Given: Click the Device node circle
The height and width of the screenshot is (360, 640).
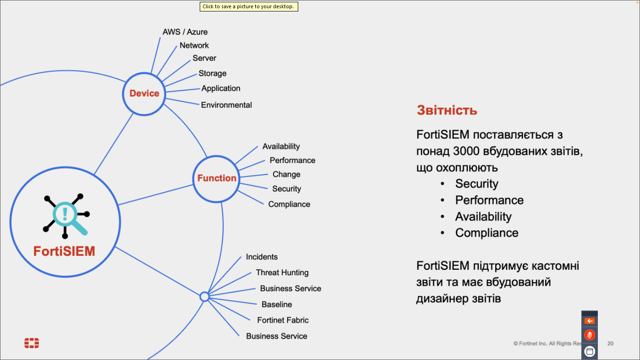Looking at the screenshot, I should (144, 93).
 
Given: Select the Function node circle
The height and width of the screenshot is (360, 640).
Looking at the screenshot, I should (217, 178).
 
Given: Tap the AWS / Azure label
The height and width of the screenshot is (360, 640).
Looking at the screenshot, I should (185, 32).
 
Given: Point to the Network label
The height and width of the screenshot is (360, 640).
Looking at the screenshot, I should (194, 45).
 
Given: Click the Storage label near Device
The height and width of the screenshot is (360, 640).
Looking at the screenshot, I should (213, 73).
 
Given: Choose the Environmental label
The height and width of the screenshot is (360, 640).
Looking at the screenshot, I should (226, 105).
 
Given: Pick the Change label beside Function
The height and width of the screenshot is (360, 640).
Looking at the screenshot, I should (286, 175).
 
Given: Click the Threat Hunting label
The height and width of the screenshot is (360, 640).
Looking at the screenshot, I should (282, 273).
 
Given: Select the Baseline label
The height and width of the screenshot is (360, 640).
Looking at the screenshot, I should (277, 305).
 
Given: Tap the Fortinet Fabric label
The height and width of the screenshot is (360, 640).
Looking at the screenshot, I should (283, 320).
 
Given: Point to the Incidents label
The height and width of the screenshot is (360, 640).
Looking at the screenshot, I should (262, 257).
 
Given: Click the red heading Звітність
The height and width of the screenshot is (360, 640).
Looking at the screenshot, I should (447, 110).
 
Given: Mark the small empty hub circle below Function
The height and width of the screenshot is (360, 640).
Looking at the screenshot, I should (205, 297).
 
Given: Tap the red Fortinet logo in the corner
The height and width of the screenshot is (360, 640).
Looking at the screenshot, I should (32, 343).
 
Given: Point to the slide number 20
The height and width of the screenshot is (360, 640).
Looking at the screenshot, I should (610, 344).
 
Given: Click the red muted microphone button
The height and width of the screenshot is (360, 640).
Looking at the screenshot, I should (590, 335).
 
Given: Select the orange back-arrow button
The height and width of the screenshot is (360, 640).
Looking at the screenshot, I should (590, 321).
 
